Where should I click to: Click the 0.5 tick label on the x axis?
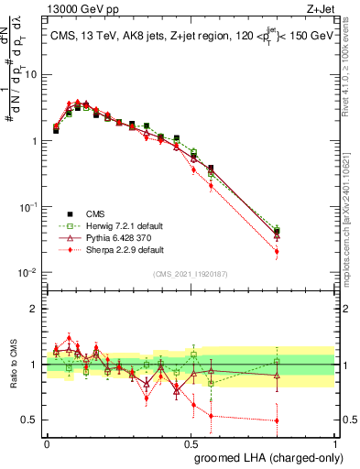click(x=191, y=442)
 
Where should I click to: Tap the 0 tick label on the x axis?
click(x=47, y=442)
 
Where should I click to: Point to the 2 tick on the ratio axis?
click(x=36, y=309)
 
